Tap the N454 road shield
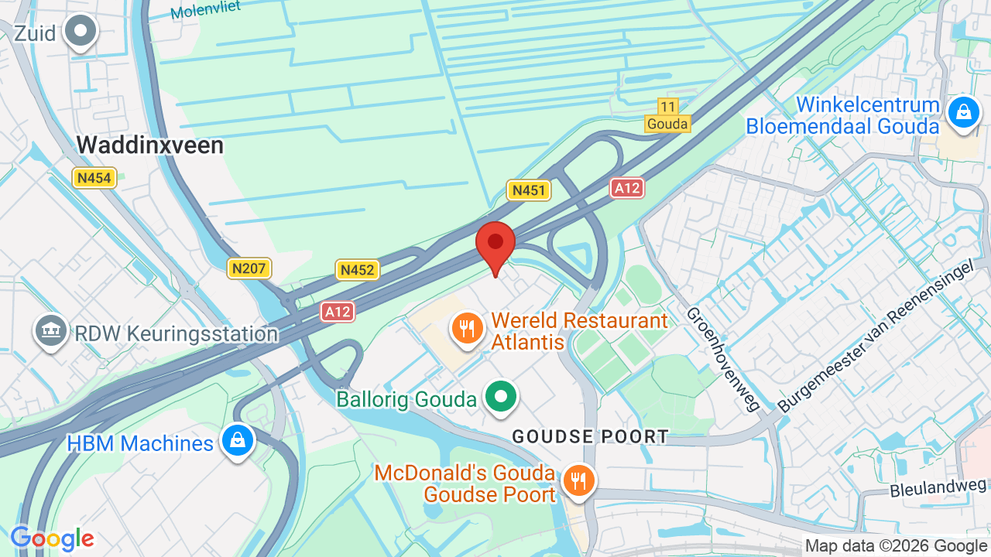pos(94,178)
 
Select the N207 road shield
pos(249,268)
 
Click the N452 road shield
pos(357,269)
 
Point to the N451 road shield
pos(529,190)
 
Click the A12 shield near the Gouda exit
pos(627,187)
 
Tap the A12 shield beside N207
pos(338,312)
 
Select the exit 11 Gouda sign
pos(667,115)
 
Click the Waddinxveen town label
pos(150,145)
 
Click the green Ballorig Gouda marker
pos(501,398)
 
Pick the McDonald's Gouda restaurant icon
pos(578,480)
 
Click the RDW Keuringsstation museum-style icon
pos(50,331)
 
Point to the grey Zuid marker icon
pos(81,32)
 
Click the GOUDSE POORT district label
pos(590,436)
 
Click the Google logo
pos(52,538)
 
